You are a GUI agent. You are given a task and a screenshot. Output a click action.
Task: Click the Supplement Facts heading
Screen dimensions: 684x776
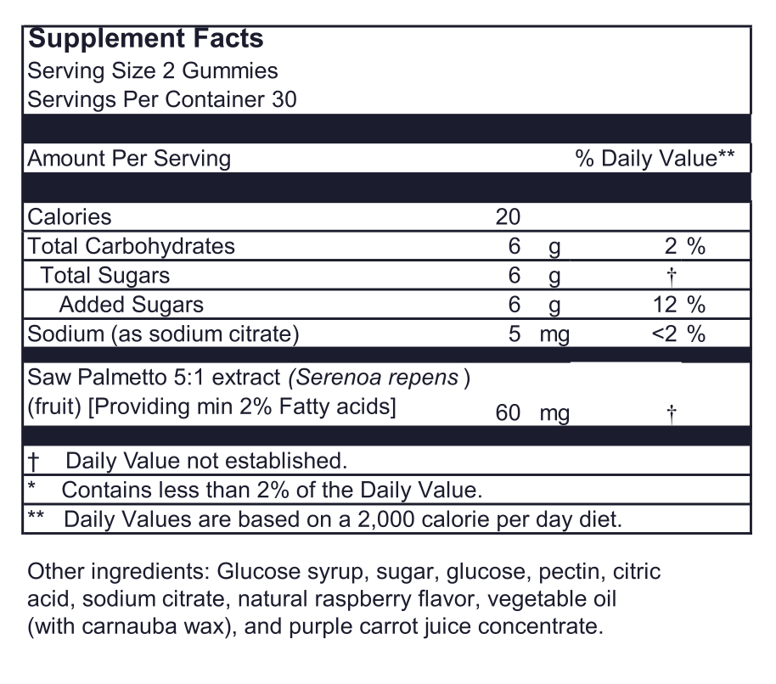(x=146, y=39)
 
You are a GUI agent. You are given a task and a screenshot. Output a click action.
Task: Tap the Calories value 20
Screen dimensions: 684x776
(x=507, y=216)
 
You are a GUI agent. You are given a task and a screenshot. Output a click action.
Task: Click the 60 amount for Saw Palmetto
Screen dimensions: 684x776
(x=507, y=413)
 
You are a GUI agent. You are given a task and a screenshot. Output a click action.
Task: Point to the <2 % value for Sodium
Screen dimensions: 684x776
(x=678, y=334)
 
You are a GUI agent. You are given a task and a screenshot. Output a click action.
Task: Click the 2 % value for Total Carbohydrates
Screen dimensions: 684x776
(x=684, y=246)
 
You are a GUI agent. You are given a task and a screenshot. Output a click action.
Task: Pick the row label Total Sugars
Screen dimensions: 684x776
(x=105, y=275)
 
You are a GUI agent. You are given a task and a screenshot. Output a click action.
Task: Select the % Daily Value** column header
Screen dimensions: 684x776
(x=655, y=159)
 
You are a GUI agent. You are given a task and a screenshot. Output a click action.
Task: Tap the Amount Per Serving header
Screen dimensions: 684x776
(x=129, y=159)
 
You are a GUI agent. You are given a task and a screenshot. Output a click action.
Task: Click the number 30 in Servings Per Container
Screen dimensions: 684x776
(x=284, y=98)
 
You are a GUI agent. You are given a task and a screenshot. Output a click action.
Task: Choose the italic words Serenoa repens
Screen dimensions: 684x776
(x=377, y=378)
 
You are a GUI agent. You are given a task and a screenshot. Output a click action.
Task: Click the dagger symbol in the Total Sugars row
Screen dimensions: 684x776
(x=671, y=275)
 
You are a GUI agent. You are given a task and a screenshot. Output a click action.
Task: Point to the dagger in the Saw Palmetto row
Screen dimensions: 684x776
(x=672, y=413)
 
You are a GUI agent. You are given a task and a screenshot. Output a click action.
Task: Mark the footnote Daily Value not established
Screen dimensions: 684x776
(x=206, y=461)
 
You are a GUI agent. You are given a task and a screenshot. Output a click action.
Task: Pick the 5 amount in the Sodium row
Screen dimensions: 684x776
(x=514, y=334)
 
